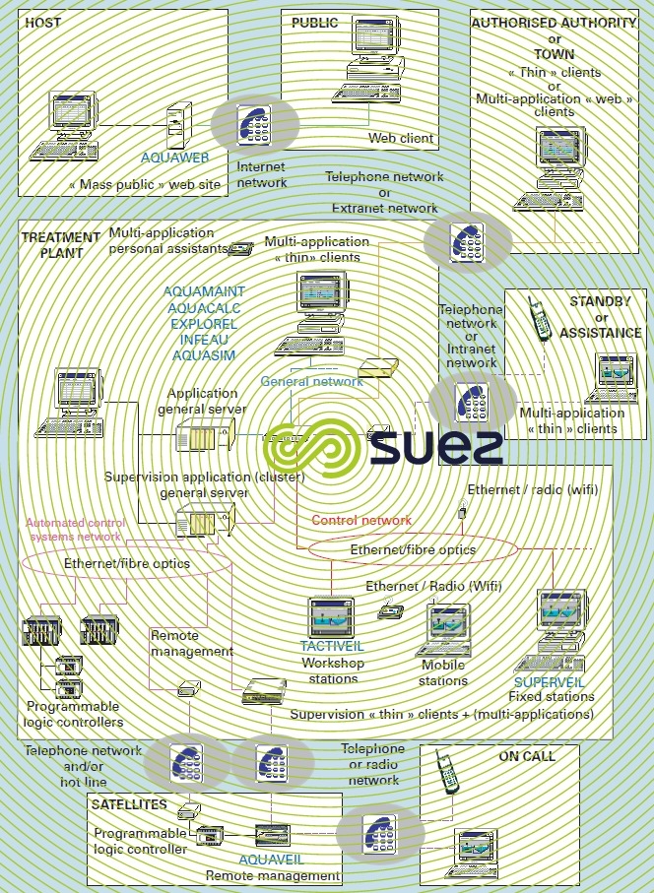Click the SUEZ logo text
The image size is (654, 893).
pyautogui.click(x=437, y=445)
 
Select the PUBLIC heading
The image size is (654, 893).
pyautogui.click(x=315, y=22)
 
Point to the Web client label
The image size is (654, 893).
pyautogui.click(x=401, y=138)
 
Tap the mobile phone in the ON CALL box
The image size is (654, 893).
pyautogui.click(x=447, y=773)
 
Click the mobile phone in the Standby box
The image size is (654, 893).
pyautogui.click(x=538, y=320)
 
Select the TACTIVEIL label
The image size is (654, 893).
pyautogui.click(x=333, y=647)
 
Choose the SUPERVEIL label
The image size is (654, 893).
pyautogui.click(x=549, y=681)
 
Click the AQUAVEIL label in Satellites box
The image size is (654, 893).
pyautogui.click(x=270, y=859)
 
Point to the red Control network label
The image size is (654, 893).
pyautogui.click(x=361, y=520)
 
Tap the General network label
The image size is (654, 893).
pyautogui.click(x=311, y=381)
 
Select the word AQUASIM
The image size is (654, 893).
pyautogui.click(x=205, y=355)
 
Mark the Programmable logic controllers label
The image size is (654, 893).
pyautogui.click(x=73, y=714)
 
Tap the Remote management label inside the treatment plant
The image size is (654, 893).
pyautogui.click(x=191, y=644)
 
